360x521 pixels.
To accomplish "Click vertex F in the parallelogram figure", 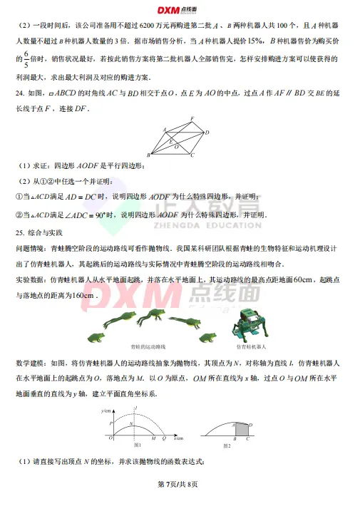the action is point(191,119).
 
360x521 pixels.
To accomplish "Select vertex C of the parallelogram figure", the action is point(191,154).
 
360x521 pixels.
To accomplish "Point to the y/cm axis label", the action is point(107,411).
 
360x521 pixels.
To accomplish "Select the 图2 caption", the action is point(227,445).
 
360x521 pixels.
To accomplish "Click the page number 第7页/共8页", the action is point(180,484).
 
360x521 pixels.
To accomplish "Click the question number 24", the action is point(20,93).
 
